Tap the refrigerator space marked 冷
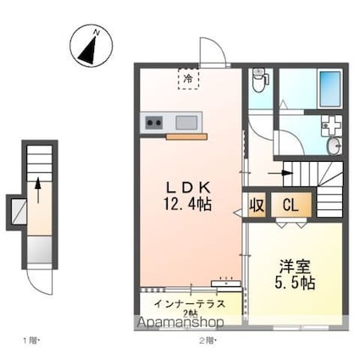(186, 77)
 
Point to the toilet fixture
(260, 80)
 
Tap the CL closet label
(290, 204)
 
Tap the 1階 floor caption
(31, 341)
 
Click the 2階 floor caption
(207, 341)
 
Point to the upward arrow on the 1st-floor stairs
(37, 188)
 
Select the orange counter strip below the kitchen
(186, 135)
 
